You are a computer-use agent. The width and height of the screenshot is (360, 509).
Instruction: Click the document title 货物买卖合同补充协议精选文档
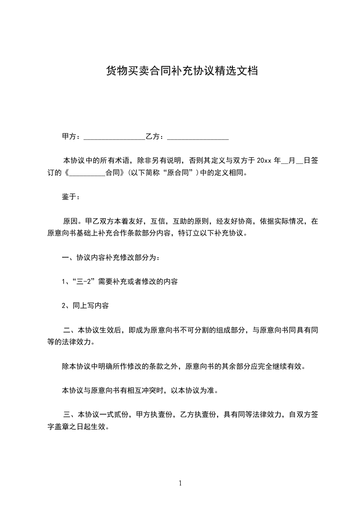pyautogui.click(x=182, y=71)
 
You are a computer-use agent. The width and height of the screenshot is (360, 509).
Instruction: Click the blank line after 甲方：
pyautogui.click(x=114, y=137)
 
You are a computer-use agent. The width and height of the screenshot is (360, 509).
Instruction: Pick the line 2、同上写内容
pyautogui.click(x=85, y=306)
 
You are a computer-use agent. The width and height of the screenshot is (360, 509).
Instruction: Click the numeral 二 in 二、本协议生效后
pyautogui.click(x=67, y=330)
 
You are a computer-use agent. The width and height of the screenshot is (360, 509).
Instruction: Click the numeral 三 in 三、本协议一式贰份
pyautogui.click(x=67, y=414)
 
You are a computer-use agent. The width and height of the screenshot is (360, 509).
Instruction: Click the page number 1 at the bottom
pyautogui.click(x=180, y=483)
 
